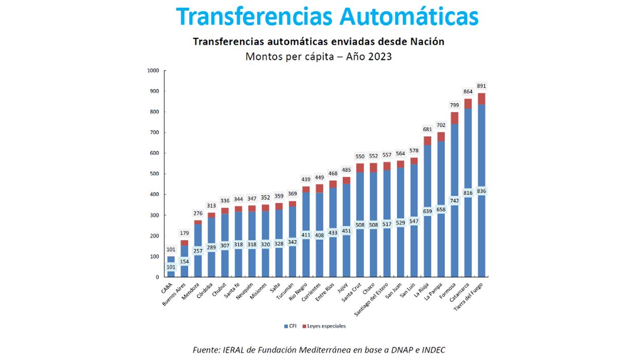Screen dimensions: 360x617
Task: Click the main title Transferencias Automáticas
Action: (x=328, y=16)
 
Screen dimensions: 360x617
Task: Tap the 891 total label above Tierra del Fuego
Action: (x=482, y=86)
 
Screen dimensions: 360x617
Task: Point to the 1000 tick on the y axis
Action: (x=153, y=70)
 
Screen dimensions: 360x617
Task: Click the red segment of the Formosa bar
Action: (x=455, y=118)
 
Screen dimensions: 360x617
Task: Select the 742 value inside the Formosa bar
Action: (x=455, y=201)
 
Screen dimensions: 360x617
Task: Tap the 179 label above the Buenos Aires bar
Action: (x=184, y=233)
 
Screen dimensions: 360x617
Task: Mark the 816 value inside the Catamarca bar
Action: (x=468, y=193)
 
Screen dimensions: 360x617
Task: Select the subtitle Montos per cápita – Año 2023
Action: (x=318, y=57)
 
